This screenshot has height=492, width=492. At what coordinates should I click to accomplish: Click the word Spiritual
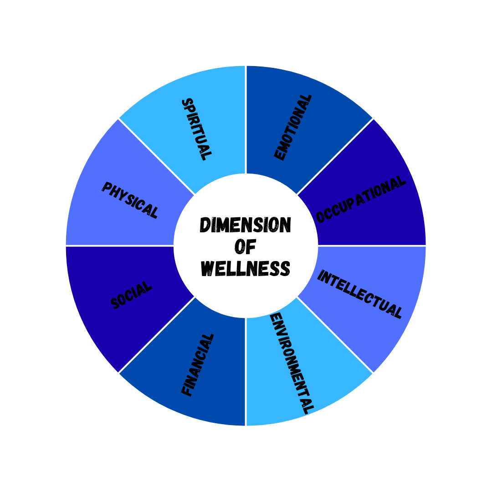[196, 129]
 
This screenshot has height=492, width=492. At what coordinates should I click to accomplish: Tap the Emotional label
[293, 127]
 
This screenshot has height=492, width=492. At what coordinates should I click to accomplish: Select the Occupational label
[360, 200]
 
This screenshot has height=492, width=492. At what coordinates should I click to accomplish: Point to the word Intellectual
[359, 294]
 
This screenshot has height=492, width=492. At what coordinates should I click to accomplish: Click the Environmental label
[292, 363]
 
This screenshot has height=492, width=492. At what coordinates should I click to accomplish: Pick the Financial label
[197, 365]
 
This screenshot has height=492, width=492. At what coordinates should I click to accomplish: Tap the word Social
[131, 295]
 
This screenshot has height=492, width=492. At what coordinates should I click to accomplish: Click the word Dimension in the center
[246, 225]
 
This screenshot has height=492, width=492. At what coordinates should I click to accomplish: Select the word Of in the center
[246, 246]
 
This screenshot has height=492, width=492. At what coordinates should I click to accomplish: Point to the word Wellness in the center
[246, 268]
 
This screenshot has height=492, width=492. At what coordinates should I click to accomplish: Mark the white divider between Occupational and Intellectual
[372, 246]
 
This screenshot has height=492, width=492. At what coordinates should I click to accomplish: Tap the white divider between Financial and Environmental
[246, 372]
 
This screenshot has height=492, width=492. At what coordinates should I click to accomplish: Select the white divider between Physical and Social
[120, 246]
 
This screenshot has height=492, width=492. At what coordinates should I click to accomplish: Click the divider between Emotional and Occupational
[335, 157]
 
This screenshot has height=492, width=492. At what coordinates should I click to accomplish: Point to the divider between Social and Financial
[157, 335]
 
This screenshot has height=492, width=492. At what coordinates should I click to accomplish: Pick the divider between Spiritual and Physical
[157, 157]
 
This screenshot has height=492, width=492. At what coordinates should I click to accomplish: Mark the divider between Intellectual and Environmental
[335, 335]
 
